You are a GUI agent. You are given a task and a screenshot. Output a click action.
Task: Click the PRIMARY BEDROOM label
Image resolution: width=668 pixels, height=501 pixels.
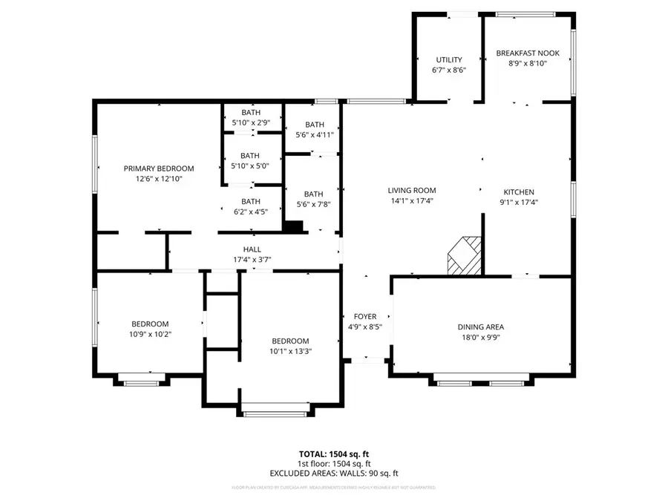coord(158,168)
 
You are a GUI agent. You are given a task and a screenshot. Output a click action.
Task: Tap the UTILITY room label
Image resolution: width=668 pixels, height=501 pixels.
coord(448,60)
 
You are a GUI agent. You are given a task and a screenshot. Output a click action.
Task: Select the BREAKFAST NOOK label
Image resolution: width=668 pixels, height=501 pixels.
coord(528,53)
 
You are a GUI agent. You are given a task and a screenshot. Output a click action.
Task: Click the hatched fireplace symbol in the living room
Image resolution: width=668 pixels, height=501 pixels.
coord(464,255)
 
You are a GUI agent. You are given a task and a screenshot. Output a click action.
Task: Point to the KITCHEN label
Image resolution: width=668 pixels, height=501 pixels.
coord(518,191)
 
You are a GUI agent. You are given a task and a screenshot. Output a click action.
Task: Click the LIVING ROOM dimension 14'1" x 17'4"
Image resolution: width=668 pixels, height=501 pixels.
coord(412,200)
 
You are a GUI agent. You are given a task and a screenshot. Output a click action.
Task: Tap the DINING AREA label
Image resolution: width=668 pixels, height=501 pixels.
coord(480,327)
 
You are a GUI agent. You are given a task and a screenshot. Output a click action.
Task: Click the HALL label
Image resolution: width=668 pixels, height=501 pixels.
coord(252,249)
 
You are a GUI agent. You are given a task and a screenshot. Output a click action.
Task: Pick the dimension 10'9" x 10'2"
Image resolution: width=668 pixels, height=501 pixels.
coord(150,334)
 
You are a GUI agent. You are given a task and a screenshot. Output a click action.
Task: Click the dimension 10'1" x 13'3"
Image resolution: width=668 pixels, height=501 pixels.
coord(289,351)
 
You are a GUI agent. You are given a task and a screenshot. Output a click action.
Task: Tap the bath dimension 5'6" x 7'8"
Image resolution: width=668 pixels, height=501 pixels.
coord(314,204)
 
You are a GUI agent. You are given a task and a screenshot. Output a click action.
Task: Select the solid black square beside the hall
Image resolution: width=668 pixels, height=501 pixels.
coord(294,227)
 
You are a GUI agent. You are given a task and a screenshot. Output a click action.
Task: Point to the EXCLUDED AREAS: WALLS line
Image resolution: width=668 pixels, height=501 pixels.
coord(333,472)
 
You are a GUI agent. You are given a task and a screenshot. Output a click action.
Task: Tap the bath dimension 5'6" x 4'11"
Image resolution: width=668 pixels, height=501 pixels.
coord(314,134)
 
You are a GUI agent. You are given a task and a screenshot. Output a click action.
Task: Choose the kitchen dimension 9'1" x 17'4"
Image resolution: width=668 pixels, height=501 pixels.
coord(518,201)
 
